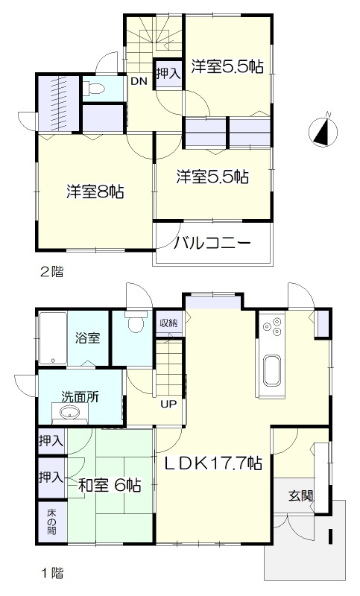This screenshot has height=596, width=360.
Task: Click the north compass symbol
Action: [323, 131]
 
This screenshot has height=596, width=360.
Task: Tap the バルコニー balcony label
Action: [212, 244]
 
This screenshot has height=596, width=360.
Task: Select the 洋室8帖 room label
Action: [95, 192]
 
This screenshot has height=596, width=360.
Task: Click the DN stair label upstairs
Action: [138, 81]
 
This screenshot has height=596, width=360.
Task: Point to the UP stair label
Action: [168, 405]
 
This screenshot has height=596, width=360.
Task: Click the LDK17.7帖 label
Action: [212, 463]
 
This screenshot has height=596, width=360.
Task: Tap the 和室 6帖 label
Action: [110, 486]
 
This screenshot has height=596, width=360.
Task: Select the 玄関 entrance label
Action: [300, 495]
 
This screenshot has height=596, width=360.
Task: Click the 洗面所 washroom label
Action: [80, 397]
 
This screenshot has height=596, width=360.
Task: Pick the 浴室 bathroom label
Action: [87, 338]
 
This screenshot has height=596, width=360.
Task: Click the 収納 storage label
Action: [168, 323]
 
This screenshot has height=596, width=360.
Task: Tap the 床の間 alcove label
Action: [51, 522]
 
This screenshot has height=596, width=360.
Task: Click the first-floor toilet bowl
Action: [135, 322]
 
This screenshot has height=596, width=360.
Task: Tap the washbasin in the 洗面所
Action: [70, 413]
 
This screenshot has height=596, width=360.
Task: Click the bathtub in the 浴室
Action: [53, 338]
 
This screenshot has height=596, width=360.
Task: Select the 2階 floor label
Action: [52, 272]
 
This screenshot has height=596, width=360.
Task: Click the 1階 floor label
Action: [52, 573]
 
